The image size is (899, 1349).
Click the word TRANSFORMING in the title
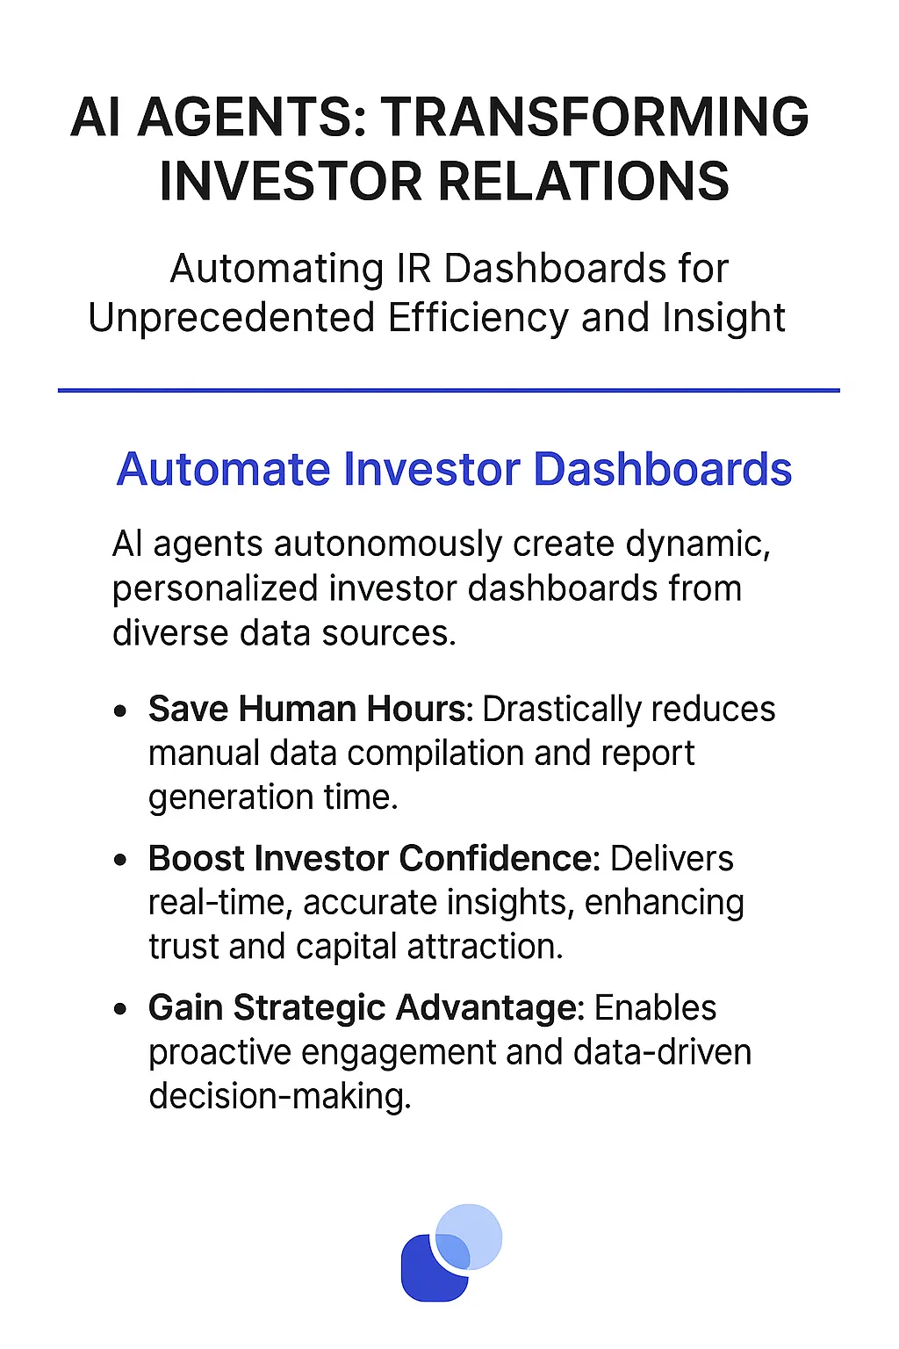(594, 117)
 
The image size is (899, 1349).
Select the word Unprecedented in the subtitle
(233, 317)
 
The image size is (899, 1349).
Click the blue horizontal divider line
(449, 390)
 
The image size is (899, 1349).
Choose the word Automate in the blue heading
(224, 469)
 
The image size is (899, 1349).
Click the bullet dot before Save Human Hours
(122, 711)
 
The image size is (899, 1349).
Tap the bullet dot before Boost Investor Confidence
(122, 860)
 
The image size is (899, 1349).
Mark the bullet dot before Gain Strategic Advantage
(122, 1009)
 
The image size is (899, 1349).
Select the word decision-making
(279, 1096)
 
